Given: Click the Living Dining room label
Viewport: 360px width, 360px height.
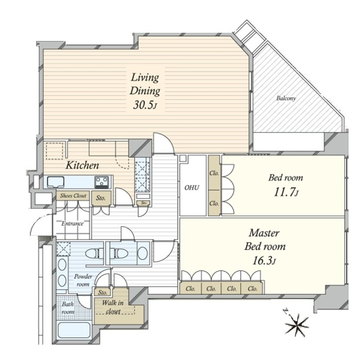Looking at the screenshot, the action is coord(145,84).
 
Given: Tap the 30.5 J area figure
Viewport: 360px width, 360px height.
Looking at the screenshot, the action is coord(145,105).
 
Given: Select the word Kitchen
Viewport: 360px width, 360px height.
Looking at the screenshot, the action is coord(82,165).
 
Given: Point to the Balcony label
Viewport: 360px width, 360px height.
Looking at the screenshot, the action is coord(286,98).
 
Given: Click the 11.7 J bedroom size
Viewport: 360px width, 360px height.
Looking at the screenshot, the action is coord(286,192).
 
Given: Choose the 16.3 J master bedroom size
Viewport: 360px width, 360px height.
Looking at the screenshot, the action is coord(264,260).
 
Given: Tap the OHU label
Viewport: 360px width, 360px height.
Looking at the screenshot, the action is coord(192,187).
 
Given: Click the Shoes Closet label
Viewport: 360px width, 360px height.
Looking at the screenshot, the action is coord(73,196).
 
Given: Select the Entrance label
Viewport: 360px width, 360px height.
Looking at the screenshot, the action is coord(72,223).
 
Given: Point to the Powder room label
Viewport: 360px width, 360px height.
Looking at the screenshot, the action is coord(83,280).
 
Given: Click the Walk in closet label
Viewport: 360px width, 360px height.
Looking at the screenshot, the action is coord(113,307).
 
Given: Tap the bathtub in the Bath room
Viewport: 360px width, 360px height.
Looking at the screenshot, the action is coord(74,330).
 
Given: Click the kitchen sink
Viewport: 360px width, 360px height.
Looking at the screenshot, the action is coord(55,182).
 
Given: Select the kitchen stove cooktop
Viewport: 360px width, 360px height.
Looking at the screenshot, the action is coord(102,182).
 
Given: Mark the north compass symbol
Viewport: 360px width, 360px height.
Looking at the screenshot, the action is coord(296,324).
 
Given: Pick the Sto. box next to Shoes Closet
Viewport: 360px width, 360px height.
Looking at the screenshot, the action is coord(101,198).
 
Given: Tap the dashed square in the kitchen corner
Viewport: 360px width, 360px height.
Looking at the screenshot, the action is coord(54,151).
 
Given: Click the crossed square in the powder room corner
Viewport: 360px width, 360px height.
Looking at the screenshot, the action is coord(64,249).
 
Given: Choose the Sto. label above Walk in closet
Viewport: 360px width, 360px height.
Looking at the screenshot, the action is coord(103,292).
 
